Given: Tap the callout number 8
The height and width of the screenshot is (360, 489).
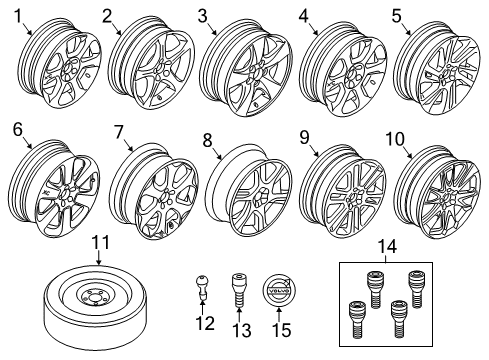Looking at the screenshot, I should [x=207, y=142].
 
